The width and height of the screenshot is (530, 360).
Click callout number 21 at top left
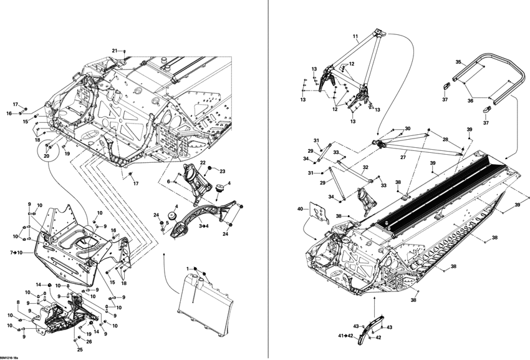click(115, 50)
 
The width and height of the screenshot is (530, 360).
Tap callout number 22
click(203, 163)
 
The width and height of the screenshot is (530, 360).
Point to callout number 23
click(222, 171)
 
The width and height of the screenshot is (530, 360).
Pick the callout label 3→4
click(204, 226)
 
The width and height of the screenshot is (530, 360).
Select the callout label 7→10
click(16, 252)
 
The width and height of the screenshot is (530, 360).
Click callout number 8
click(18, 303)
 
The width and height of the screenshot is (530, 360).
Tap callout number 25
click(80, 349)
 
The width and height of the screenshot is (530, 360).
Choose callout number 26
click(89, 341)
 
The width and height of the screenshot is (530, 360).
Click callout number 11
click(355, 37)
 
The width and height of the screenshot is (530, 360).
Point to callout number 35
click(458, 62)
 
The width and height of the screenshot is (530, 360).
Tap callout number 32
click(365, 167)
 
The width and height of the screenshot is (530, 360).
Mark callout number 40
click(300, 209)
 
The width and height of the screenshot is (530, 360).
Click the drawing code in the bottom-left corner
click(11, 356)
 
